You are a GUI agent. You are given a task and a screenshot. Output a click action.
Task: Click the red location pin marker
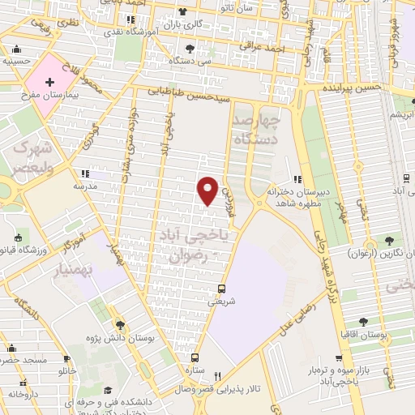click(207, 190)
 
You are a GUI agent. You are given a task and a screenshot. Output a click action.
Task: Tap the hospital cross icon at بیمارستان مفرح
click(50, 83)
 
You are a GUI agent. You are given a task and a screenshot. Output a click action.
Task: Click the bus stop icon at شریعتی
click(221, 289)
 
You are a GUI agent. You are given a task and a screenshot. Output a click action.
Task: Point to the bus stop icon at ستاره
click(195, 357)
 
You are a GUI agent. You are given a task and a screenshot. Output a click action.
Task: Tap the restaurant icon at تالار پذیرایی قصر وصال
click(217, 376)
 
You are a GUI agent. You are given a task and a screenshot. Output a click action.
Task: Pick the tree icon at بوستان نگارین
click(391, 240)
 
